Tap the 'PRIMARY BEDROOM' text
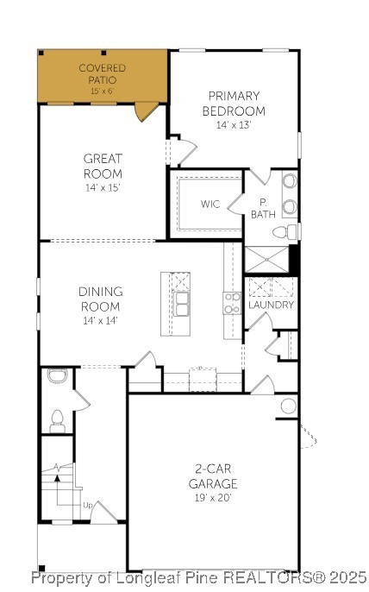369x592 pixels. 234,104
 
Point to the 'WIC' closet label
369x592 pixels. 210,205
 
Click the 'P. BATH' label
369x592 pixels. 263,208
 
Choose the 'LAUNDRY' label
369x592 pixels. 271,305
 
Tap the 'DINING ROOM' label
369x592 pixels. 101,299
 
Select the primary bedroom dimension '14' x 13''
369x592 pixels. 234,125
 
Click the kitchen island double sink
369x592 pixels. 182,304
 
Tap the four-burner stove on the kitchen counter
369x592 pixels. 232,303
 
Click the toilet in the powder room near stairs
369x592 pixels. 58,420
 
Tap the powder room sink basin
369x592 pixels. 57,375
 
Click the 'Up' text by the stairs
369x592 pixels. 87,505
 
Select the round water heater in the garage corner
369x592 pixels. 288,406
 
